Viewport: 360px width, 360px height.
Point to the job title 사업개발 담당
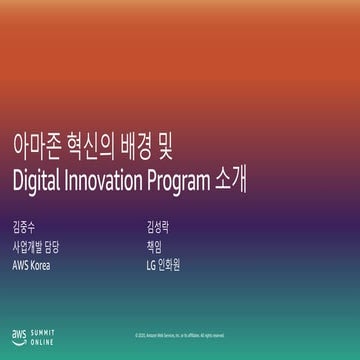tap(36, 247)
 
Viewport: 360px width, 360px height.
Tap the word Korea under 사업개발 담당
tap(41, 265)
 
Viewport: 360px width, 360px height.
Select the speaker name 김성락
tap(157, 229)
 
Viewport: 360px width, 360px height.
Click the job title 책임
tap(152, 247)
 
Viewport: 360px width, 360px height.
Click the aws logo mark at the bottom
tap(19, 334)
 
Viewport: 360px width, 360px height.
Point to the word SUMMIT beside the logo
tap(44, 330)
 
